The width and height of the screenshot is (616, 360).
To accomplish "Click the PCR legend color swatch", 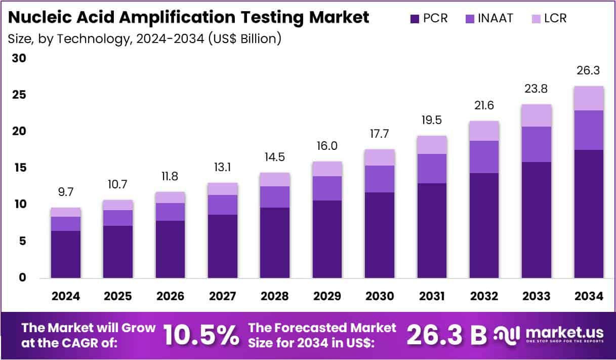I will coord(414,19).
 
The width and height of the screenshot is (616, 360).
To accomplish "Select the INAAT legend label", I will coord(496,19).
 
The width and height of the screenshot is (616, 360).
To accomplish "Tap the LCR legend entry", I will coord(555,19).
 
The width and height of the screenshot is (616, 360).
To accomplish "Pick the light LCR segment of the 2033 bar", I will coord(536,115).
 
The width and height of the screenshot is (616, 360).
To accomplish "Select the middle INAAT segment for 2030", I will coord(379,179).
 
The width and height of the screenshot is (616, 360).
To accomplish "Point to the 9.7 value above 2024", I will coord(65,192).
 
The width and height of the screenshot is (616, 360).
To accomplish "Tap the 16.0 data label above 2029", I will coord(327,146).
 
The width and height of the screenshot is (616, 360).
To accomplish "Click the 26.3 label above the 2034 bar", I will coord(588,71).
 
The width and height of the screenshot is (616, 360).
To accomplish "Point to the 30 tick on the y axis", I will coord(19,58).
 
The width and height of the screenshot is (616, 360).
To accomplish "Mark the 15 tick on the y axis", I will coord(19,168).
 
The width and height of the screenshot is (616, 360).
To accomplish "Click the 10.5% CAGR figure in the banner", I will coord(201,335).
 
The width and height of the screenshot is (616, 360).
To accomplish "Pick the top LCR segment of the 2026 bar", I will coord(170,197).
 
